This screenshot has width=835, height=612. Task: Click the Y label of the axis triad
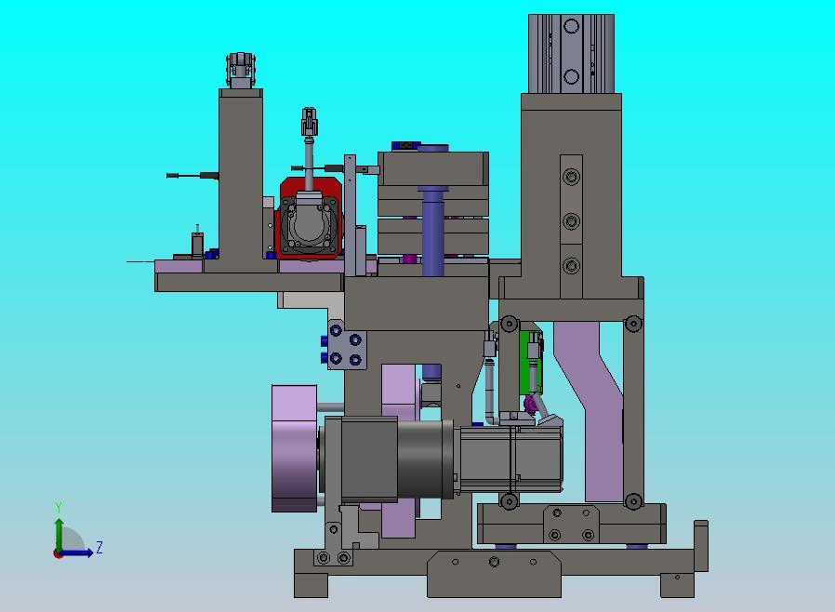click(x=59, y=507)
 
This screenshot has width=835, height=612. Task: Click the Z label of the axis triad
click(x=99, y=547)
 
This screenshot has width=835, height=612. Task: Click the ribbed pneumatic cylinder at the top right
click(x=572, y=54)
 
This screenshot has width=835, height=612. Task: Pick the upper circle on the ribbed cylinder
click(x=572, y=26)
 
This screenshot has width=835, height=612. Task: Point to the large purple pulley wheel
click(x=295, y=448)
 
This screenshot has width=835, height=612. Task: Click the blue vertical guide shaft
click(x=432, y=232)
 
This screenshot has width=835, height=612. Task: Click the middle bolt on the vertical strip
click(x=572, y=221)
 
